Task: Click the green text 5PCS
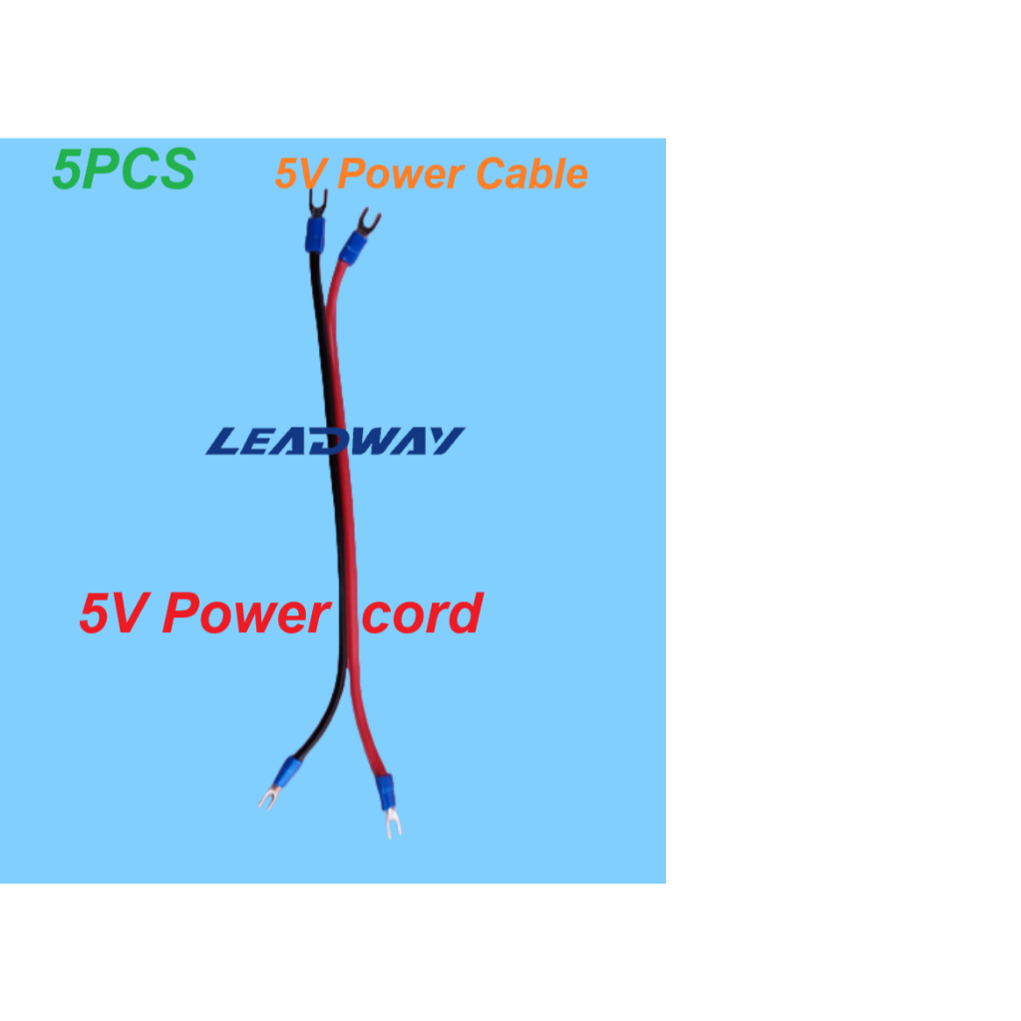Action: [x=124, y=170]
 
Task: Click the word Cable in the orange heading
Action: [x=531, y=174]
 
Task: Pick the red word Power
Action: [x=245, y=614]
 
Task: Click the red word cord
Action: [x=422, y=614]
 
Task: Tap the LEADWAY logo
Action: [x=335, y=442]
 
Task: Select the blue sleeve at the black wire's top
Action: [x=314, y=237]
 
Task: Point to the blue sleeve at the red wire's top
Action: [x=351, y=246]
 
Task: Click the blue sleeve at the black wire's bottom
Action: [x=288, y=771]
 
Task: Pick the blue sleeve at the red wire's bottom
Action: [x=384, y=792]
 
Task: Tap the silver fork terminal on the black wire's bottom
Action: [x=267, y=798]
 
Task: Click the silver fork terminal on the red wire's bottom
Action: [x=392, y=824]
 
